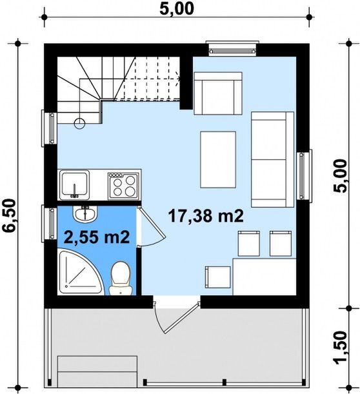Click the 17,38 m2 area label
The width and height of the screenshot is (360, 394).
click(206, 216)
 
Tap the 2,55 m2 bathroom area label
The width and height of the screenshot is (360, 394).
click(97, 237)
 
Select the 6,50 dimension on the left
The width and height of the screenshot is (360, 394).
click(9, 216)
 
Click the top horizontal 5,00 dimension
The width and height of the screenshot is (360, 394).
click(177, 8)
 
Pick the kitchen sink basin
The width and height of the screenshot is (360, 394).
click(74, 184)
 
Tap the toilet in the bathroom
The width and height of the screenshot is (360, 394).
click(121, 278)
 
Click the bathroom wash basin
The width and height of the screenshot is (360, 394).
click(85, 214)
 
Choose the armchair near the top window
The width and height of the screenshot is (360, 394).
click(218, 94)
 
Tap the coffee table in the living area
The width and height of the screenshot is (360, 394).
click(218, 159)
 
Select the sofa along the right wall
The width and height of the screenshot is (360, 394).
click(272, 159)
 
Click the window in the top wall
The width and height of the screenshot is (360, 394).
click(232, 49)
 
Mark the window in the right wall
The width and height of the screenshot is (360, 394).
click(304, 175)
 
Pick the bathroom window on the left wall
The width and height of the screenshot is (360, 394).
click(49, 223)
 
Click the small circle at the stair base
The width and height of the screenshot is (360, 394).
click(80, 123)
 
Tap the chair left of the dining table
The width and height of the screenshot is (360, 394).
click(217, 277)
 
